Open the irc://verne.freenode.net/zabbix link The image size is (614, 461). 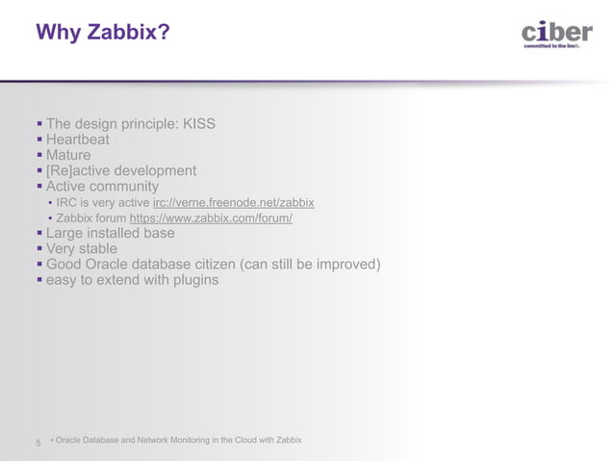pos(233,202)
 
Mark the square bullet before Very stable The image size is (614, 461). pos(38,248)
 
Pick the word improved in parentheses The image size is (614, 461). pos(345,265)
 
